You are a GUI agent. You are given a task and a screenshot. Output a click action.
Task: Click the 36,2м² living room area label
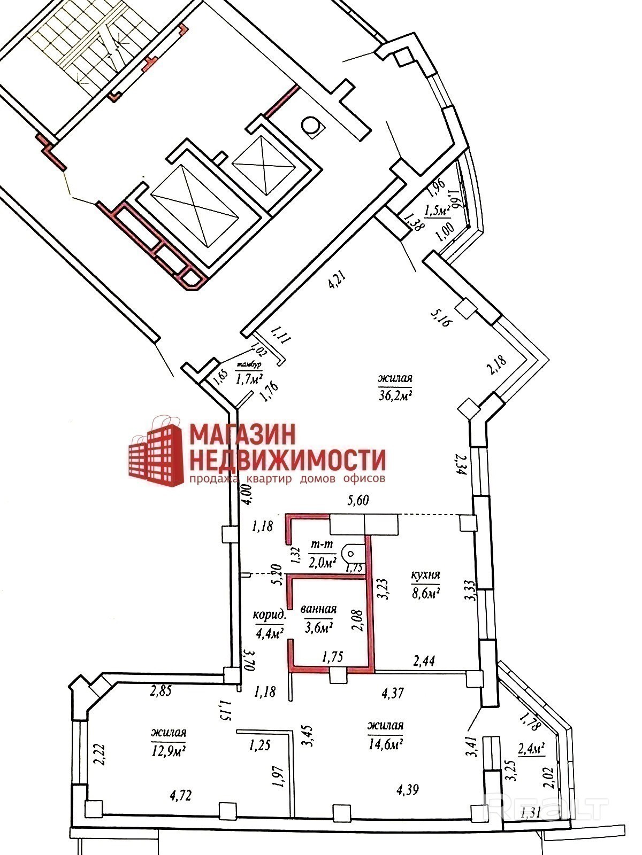(395, 387)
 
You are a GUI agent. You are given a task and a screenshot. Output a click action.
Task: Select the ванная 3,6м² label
(319, 618)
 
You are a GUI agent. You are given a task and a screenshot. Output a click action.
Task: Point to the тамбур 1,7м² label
(249, 373)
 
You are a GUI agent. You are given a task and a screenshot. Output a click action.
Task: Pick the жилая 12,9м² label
(169, 741)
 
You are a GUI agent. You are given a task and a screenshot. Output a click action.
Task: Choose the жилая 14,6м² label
(385, 734)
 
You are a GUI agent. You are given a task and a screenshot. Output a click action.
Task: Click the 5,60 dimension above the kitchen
(358, 501)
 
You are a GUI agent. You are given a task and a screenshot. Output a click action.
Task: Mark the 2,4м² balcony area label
(532, 749)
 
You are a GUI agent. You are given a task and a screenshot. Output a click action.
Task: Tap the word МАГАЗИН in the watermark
(242, 434)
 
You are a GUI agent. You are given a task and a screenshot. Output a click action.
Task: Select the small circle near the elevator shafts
(310, 126)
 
